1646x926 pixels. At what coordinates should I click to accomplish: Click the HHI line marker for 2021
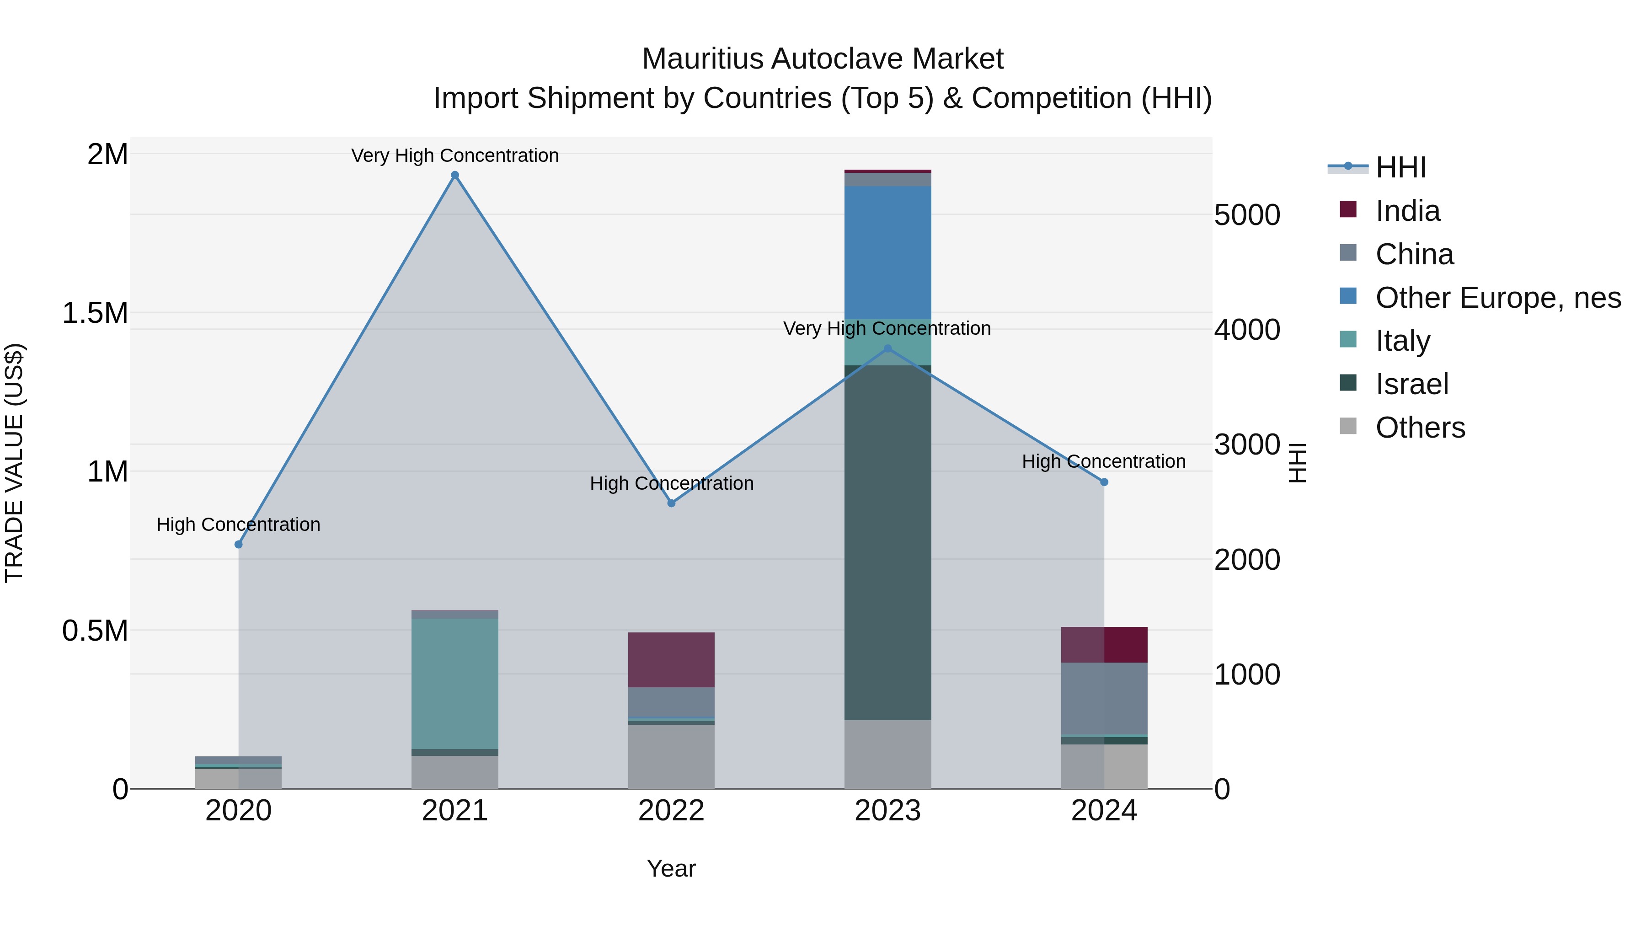455,175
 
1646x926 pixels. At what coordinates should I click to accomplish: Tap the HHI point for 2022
671,503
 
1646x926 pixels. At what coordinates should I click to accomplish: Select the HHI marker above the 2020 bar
238,545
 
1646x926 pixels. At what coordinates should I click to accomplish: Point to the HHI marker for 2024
1104,482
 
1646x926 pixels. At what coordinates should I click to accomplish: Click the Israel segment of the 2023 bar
887,543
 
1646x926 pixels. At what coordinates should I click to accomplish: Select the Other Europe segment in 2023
887,252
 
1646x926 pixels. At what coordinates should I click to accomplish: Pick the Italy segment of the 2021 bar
455,684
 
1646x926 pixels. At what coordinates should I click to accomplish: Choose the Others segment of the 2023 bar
887,754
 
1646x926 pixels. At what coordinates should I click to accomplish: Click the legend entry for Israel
1411,384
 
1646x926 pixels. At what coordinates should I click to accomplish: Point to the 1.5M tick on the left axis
95,313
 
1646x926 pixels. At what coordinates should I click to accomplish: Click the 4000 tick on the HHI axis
1247,330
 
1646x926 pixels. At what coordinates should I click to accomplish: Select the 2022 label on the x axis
671,811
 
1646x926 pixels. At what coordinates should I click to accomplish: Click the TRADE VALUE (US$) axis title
14,463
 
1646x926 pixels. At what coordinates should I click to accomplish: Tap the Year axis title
671,868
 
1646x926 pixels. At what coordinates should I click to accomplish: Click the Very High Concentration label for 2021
455,155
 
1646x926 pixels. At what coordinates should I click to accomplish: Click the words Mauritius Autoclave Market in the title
823,59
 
